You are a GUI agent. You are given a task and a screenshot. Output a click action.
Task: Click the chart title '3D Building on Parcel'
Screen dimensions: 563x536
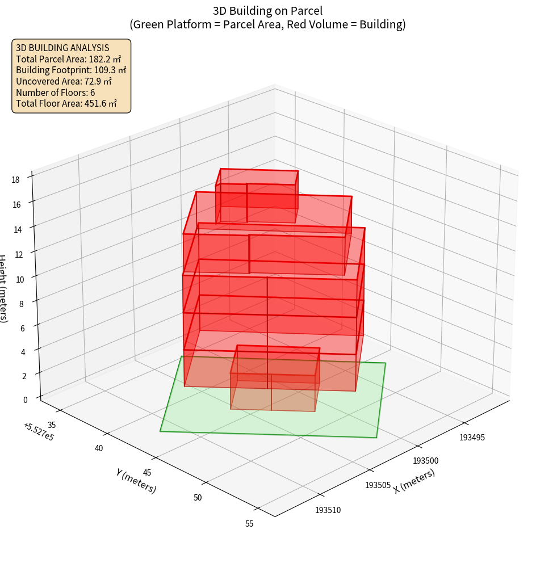click(267, 10)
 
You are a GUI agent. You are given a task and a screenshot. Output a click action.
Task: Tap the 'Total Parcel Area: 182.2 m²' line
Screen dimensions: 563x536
click(68, 59)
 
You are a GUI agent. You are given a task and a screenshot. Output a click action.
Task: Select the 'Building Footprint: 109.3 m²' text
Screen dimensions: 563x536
click(71, 70)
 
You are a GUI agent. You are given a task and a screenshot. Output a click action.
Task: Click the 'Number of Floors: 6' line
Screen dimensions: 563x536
click(56, 93)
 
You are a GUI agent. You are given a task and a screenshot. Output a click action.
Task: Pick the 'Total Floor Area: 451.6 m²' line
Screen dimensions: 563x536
click(66, 104)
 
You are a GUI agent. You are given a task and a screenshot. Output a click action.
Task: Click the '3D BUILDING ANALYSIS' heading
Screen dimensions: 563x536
click(62, 48)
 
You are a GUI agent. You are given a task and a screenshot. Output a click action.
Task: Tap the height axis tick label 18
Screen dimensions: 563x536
click(15, 180)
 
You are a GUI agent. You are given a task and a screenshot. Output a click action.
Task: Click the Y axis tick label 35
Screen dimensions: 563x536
click(51, 425)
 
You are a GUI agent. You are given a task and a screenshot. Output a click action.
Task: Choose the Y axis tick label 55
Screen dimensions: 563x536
click(249, 523)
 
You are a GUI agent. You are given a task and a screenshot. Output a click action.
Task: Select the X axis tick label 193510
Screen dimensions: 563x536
click(328, 510)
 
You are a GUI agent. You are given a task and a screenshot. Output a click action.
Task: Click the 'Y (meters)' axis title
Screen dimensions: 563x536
click(136, 481)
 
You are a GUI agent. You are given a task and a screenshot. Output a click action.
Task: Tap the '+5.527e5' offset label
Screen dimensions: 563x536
click(39, 432)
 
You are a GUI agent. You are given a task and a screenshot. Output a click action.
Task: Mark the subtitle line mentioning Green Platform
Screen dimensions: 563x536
click(267, 24)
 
